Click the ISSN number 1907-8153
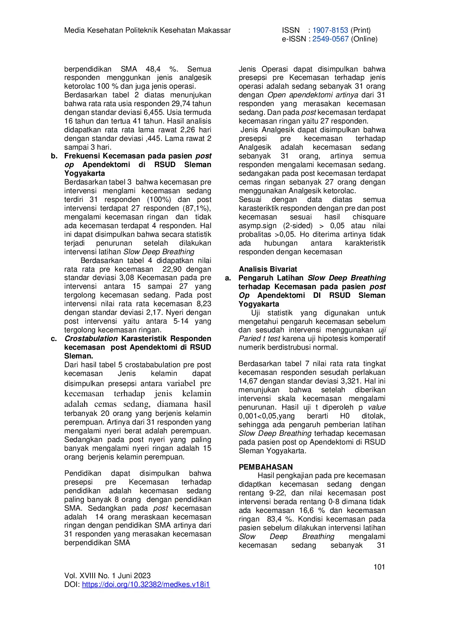coord(330,30)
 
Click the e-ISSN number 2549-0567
coord(330,39)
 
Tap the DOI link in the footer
coord(146,584)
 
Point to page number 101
coord(379,567)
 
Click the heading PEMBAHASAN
coord(266,467)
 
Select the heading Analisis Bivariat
coord(268,269)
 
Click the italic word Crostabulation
coord(91,338)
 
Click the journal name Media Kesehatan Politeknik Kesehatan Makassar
coord(147,30)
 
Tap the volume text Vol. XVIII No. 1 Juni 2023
coord(107,576)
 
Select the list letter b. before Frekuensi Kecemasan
coord(54,156)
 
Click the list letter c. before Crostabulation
coord(54,338)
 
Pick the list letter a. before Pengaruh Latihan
coord(228,278)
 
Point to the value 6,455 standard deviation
coord(152,112)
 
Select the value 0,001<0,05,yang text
coord(266,416)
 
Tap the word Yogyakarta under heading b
coord(85,173)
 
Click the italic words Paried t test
coord(259,338)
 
